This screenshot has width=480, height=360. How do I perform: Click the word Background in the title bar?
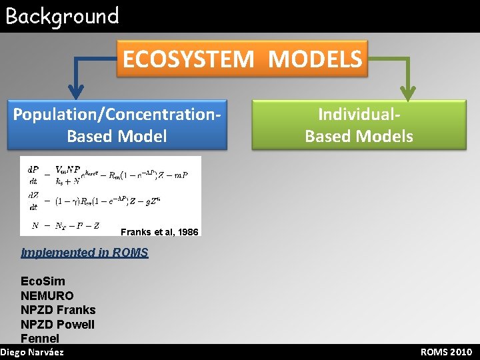[x=62, y=16]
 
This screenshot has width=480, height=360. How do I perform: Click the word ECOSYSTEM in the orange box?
[x=189, y=59]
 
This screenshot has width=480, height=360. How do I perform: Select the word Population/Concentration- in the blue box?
[x=117, y=113]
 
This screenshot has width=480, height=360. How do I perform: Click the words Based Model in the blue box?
[x=117, y=136]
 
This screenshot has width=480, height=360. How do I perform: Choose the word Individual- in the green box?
[x=359, y=114]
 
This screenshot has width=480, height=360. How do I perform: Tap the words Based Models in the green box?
[x=359, y=137]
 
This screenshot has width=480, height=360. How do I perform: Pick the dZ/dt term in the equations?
[x=33, y=201]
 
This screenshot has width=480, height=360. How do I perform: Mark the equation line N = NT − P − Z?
[x=65, y=225]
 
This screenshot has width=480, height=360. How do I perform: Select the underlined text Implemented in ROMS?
[x=85, y=253]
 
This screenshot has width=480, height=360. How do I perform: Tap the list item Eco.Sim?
[x=43, y=281]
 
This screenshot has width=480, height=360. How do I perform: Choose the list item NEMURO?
[x=47, y=295]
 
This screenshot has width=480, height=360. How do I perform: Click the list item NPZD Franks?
[x=58, y=310]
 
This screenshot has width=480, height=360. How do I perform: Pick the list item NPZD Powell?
[x=58, y=325]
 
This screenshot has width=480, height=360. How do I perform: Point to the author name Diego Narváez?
[x=33, y=352]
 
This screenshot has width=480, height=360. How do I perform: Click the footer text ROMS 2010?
[x=446, y=352]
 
